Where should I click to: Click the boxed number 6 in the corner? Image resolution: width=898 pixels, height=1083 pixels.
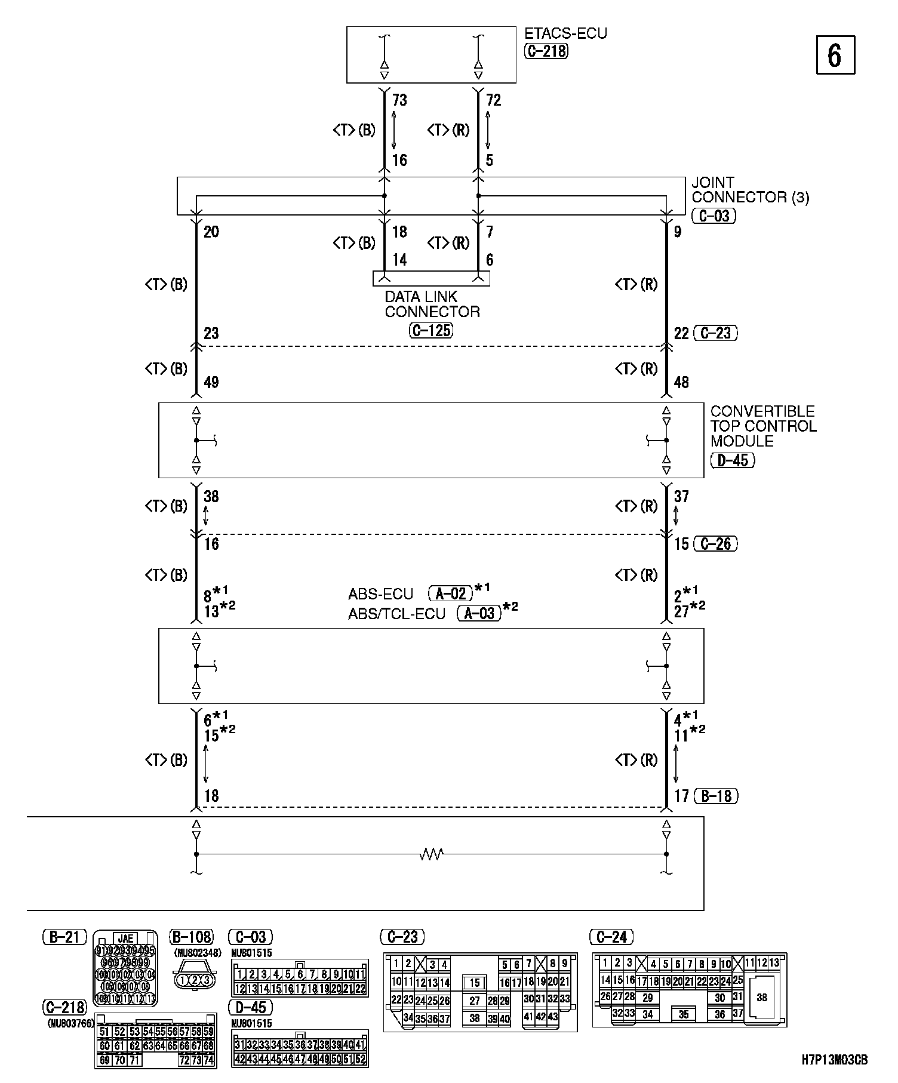pos(835,55)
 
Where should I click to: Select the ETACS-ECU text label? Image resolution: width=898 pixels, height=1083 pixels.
pos(565,33)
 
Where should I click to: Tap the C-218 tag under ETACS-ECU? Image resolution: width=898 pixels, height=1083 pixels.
pos(546,51)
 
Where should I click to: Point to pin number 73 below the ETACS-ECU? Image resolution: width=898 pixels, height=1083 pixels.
pos(399,100)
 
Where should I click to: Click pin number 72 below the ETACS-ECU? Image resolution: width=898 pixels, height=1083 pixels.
pos(493,100)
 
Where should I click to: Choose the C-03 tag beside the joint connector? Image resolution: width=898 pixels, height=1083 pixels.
pos(714,216)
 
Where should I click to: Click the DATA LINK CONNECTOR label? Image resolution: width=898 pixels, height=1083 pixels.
pos(432,304)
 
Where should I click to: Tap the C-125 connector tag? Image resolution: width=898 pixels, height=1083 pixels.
pos(431,330)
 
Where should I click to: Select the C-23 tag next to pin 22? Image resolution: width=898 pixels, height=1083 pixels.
pos(716,333)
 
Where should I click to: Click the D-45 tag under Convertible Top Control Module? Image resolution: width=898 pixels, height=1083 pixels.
pos(733,460)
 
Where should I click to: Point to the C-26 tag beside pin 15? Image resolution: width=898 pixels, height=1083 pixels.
pos(715,544)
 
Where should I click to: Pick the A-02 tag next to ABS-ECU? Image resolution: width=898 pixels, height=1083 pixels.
pos(451,593)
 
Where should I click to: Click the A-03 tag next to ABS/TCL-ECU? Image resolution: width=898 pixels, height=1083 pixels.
pos(479,613)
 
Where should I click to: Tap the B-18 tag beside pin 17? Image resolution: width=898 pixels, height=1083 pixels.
pos(716,796)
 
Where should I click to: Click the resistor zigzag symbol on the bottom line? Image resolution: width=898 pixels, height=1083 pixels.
pos(431,854)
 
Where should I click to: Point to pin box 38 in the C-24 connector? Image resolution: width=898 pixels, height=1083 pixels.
pos(762,998)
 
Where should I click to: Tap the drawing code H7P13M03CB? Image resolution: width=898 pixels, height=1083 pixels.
pos(834,1060)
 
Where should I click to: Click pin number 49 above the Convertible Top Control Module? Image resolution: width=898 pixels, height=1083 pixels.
pos(211,382)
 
